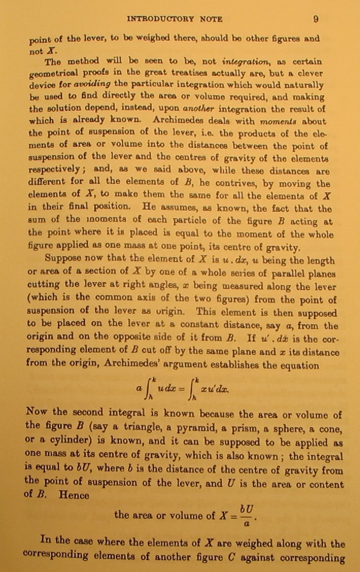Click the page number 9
tap(316, 19)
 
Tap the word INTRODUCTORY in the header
tap(160, 19)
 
